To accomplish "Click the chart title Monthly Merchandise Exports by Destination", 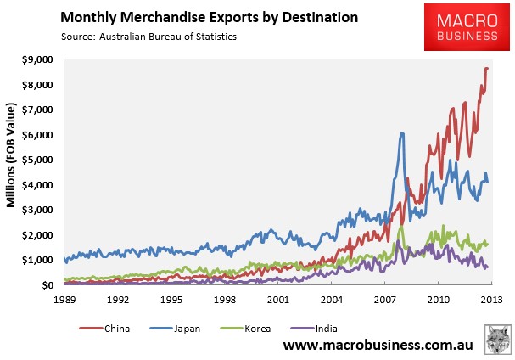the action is [210, 18].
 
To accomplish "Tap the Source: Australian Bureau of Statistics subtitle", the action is [148, 37].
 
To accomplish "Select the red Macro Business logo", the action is [467, 27].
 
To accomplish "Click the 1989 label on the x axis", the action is [64, 300].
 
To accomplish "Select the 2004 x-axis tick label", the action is [332, 300].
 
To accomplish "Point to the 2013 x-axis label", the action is [492, 300].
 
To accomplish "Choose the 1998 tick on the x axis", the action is [225, 300].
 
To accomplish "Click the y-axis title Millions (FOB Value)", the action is [11, 155].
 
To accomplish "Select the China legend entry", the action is [104, 329].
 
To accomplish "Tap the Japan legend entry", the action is [175, 329].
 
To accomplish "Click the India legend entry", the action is [314, 329].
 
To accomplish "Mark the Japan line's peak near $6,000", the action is [402, 133].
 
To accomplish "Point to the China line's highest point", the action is [487, 68].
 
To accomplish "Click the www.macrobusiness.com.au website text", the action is [378, 345].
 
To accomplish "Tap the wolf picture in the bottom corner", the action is [498, 340].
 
